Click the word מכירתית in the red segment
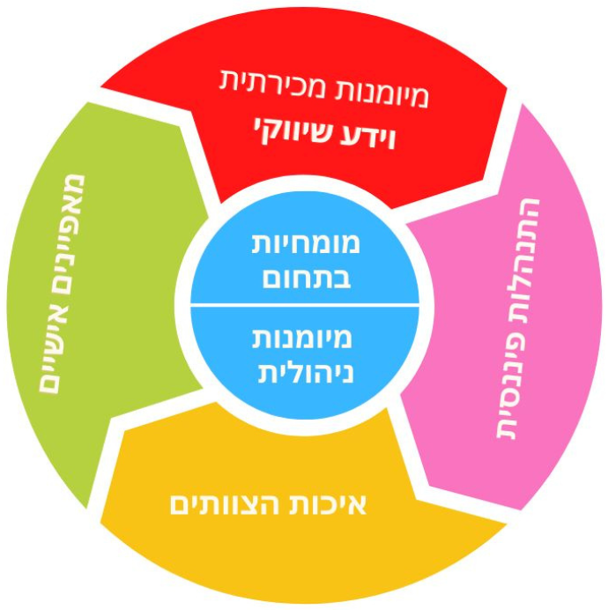pos(262,81)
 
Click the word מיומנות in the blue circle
pos(305,338)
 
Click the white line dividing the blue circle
pos(305,307)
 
